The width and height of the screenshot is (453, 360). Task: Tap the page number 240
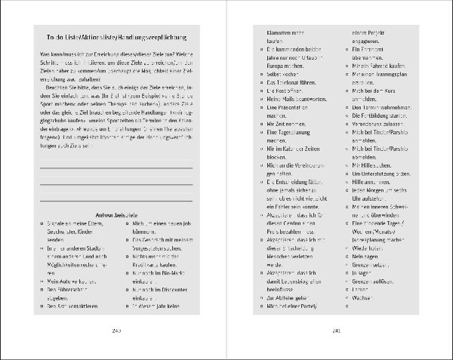[x=116, y=331]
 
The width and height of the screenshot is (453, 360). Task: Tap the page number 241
[x=337, y=331]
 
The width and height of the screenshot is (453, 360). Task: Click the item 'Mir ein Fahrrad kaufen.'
[x=383, y=67]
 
